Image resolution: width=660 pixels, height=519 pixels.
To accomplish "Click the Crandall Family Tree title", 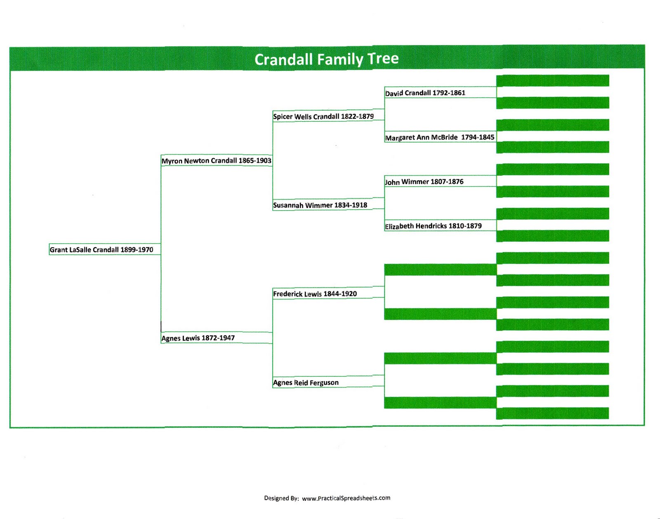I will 326,59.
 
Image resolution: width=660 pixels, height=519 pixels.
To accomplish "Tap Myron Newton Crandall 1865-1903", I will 216,160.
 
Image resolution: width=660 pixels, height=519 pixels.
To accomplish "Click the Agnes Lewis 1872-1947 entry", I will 198,338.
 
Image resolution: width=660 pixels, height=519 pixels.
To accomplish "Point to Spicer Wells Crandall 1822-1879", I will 323,116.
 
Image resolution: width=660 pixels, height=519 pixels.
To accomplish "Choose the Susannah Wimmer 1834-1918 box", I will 320,205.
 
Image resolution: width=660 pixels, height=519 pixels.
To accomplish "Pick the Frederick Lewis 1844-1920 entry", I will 315,294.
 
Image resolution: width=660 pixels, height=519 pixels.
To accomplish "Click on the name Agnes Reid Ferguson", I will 306,383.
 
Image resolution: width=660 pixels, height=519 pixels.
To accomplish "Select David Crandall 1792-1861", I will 425,93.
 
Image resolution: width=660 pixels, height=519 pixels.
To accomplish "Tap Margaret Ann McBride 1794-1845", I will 439,137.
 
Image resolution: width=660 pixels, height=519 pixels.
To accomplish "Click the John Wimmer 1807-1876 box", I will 424,182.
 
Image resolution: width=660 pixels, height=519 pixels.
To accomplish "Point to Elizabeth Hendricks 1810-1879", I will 433,226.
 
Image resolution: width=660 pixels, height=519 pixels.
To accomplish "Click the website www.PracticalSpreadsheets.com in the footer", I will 346,498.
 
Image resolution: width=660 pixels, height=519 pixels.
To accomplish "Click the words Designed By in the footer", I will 281,498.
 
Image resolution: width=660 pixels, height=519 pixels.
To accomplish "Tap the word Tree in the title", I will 383,59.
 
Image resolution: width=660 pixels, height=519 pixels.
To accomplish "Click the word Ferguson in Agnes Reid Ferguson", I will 324,383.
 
